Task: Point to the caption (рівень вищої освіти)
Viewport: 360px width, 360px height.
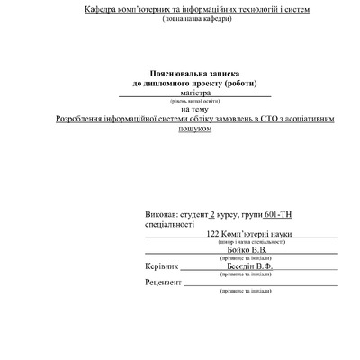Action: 195,101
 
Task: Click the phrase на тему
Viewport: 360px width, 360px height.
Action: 195,110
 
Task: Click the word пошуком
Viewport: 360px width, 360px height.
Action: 195,128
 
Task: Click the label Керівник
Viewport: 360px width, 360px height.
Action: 162,267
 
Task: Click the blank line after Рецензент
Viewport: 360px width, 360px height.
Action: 260,284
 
